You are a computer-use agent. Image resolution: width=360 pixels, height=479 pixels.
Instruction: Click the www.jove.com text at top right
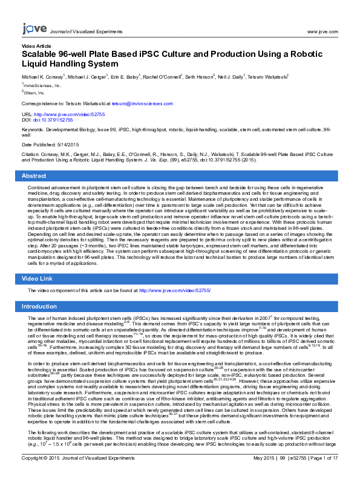[x=322, y=31]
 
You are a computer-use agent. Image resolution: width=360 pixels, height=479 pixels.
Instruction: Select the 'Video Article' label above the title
[x=36, y=46]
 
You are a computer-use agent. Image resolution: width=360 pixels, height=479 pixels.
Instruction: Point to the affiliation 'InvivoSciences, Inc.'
[x=42, y=86]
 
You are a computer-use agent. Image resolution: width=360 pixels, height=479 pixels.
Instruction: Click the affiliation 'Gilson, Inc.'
[x=34, y=93]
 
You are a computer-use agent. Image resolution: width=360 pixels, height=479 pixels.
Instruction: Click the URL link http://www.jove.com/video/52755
[x=71, y=114]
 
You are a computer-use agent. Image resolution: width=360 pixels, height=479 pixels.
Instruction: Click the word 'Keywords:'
[x=34, y=130]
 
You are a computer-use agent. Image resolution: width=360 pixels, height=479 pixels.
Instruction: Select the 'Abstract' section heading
[x=34, y=175]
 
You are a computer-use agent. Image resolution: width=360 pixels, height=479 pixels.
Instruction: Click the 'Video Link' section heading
[x=38, y=278]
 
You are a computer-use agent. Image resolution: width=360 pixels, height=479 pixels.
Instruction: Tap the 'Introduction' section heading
[x=39, y=307]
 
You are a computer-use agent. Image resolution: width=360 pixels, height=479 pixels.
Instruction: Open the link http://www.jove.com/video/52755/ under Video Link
[x=175, y=291]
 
